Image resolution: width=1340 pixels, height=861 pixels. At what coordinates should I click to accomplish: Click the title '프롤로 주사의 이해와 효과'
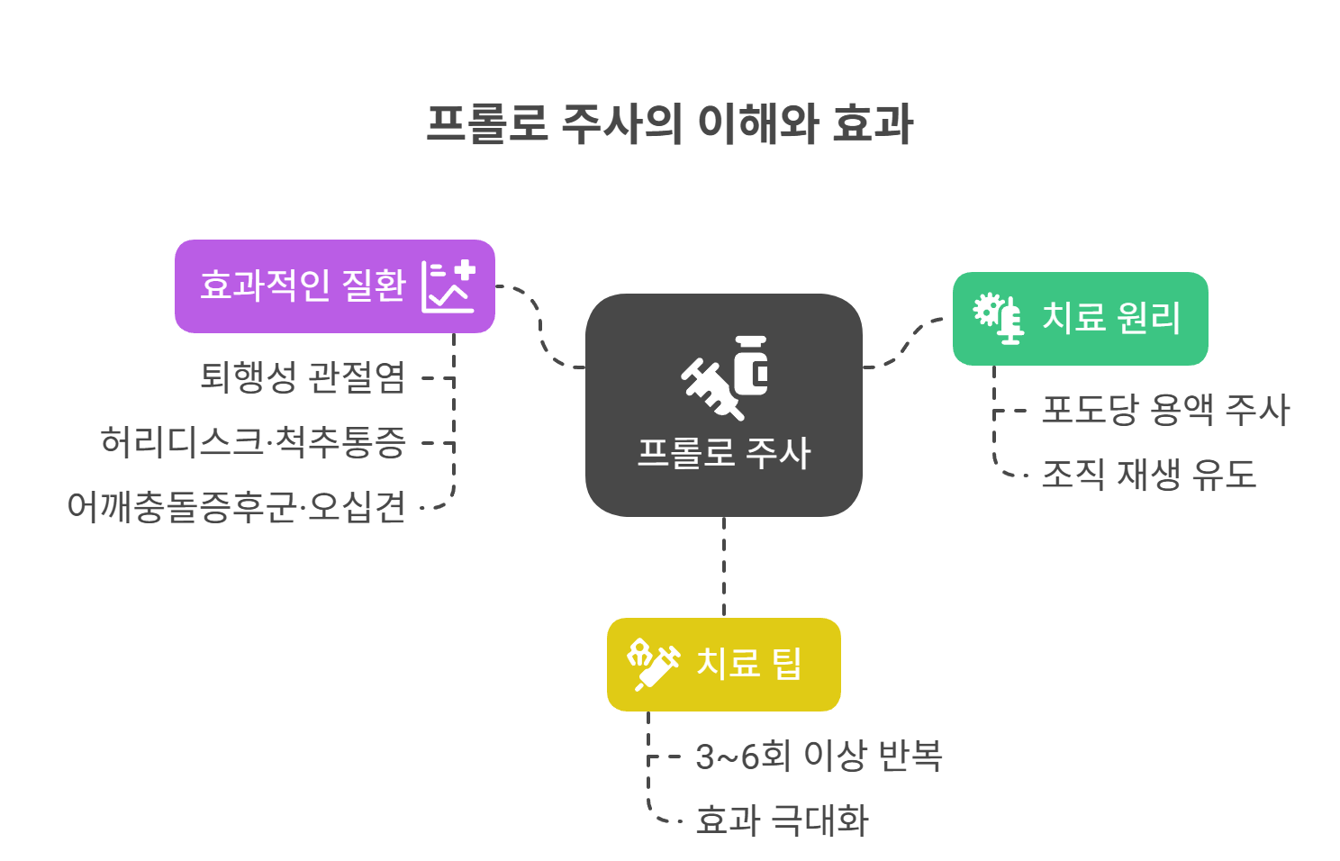coord(669,124)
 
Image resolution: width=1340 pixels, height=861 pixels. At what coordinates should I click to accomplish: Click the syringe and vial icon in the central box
coord(725,376)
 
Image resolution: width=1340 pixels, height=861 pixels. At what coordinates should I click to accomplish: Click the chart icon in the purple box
coord(448,286)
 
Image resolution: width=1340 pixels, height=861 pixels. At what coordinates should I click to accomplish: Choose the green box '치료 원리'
coord(1109,318)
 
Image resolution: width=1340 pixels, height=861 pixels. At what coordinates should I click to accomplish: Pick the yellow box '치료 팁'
coord(747,665)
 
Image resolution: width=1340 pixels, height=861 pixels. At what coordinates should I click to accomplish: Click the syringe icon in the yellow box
coord(653,665)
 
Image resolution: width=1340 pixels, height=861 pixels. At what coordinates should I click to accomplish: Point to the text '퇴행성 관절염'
coord(303,377)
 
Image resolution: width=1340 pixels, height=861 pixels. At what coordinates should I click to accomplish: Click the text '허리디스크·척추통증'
coord(253,442)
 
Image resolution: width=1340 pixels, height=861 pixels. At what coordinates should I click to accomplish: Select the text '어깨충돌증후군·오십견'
coord(236,507)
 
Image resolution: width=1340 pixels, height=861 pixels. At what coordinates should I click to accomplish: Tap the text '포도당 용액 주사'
coord(1165,410)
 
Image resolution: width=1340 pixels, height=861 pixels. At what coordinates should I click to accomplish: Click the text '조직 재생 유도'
coord(1148,475)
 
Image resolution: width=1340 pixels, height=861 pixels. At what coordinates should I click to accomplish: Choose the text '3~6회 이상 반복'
coord(819,756)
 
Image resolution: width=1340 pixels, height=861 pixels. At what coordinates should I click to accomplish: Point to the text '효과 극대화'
coord(782,820)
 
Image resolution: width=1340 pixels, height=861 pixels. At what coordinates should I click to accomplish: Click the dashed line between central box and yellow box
coord(724,567)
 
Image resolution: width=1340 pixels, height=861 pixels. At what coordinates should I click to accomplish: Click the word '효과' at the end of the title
coord(873,124)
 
